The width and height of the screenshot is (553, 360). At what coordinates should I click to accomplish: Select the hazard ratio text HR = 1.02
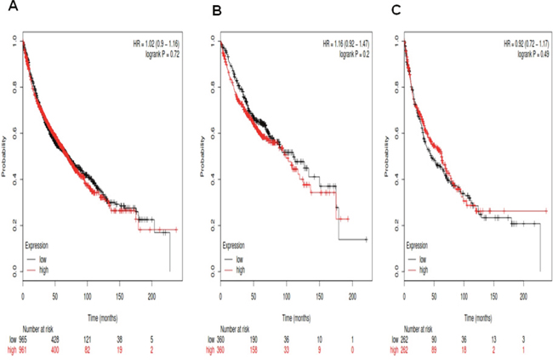coord(146,43)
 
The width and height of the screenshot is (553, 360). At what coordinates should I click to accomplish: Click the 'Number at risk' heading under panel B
coord(239,326)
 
